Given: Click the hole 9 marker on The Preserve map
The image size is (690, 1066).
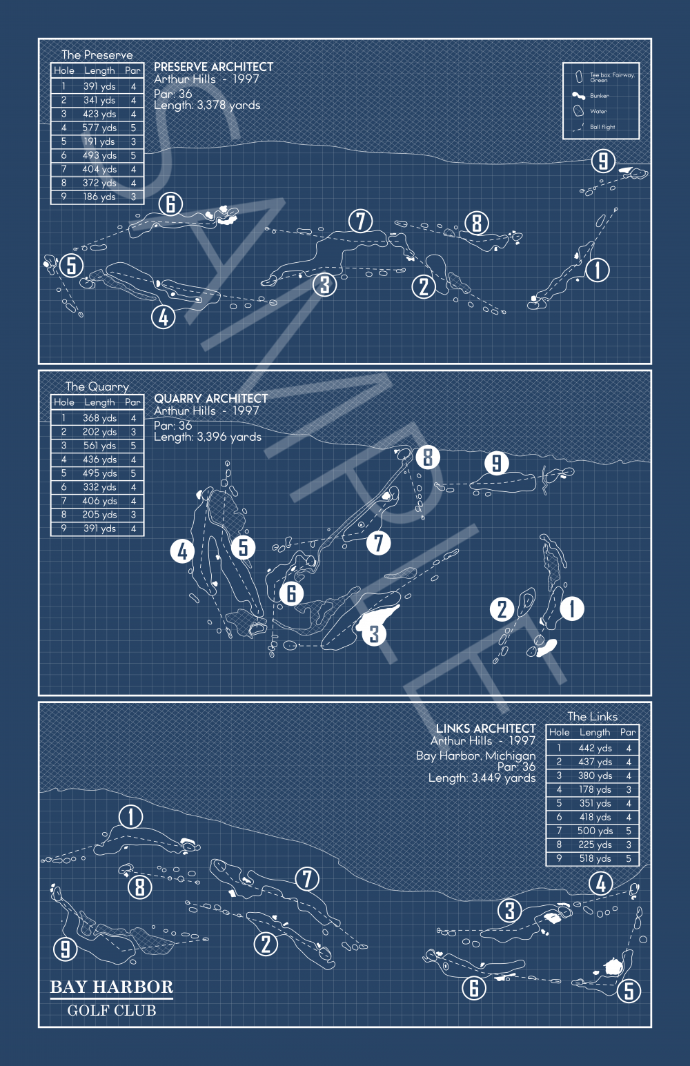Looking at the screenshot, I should pos(603,161).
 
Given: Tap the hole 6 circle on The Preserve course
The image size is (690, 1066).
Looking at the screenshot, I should pos(170,204).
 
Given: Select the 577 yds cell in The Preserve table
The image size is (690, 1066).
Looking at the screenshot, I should pos(99,128).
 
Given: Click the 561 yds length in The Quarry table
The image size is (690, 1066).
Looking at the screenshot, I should pos(99,446).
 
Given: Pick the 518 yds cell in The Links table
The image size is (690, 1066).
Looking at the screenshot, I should pos(595,858).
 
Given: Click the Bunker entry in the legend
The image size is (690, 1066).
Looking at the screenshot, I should pos(599,96).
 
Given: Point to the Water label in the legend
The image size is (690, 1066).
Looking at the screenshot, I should pos(598,111).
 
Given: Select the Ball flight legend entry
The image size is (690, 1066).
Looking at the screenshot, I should pos(602,127).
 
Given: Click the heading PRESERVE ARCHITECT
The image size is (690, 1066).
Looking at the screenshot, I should pos(213,67).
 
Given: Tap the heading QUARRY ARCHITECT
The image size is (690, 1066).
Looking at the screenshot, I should pos(210,399).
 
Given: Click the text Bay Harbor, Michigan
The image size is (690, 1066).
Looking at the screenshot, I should pos(475,756).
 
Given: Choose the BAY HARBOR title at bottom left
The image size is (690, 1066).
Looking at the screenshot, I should pos(112,987).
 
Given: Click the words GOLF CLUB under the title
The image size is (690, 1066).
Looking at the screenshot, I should pos(112,1011).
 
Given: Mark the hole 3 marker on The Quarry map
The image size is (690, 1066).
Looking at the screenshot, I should pos(374,634).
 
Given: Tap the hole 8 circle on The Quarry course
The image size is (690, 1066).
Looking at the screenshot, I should pos(428,457).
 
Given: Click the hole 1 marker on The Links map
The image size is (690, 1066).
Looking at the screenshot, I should pos(130,817).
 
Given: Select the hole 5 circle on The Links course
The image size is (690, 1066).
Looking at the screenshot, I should pos(629,991).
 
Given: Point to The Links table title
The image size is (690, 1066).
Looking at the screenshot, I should pos(592,717).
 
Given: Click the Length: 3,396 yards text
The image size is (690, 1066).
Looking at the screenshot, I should pos(208,437).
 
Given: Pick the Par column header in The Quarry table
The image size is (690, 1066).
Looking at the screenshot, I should pos(132,402).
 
